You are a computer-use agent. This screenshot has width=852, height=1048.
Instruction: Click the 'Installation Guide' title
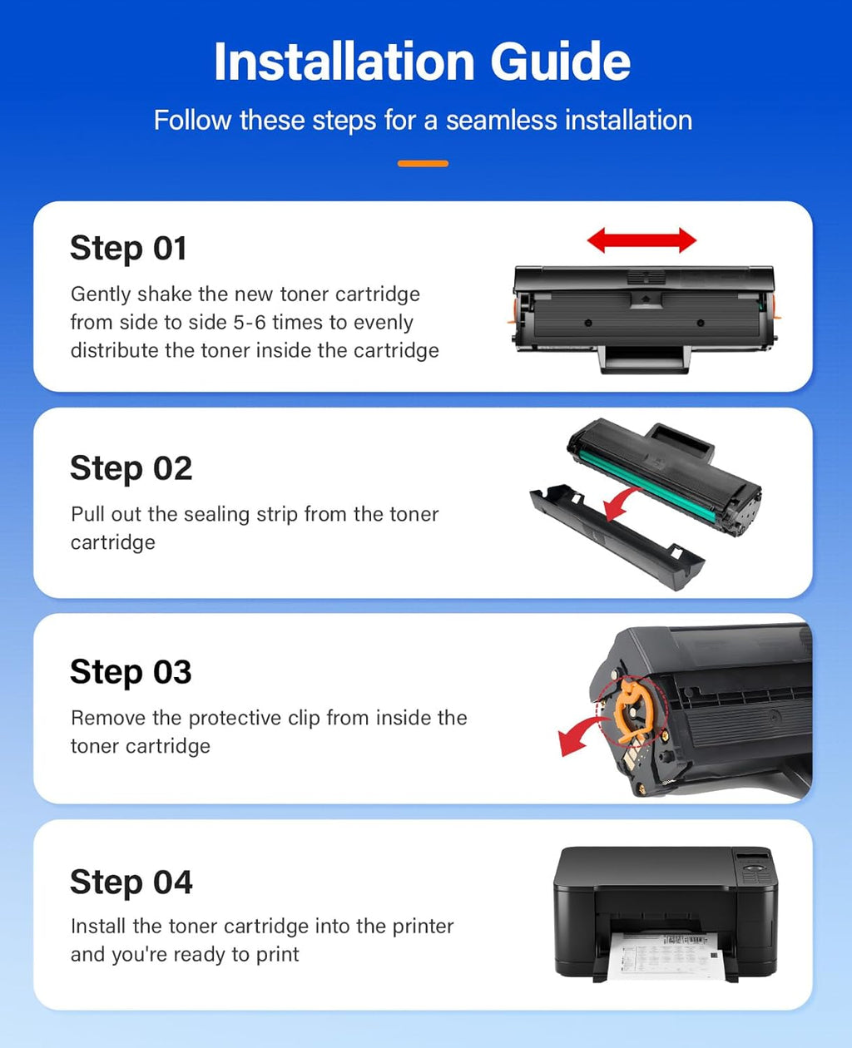pyautogui.click(x=422, y=62)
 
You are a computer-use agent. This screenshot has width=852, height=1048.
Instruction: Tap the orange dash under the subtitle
pyautogui.click(x=423, y=164)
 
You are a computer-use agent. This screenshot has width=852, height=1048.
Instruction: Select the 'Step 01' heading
pyautogui.click(x=128, y=249)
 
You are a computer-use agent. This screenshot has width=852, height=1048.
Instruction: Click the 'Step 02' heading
pyautogui.click(x=131, y=468)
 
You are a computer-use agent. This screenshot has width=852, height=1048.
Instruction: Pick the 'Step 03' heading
pyautogui.click(x=131, y=672)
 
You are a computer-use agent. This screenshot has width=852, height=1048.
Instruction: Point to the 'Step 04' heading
pyautogui.click(x=131, y=882)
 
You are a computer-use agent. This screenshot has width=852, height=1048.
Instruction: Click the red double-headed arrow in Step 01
pyautogui.click(x=641, y=240)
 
